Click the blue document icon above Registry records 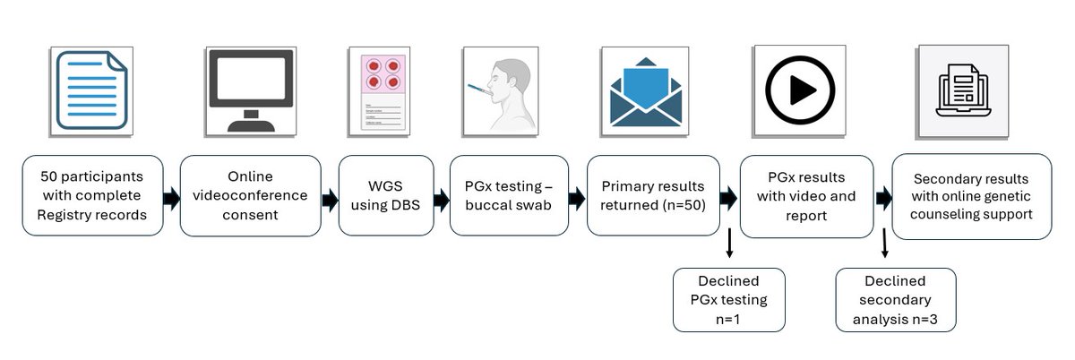click(x=90, y=90)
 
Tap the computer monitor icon click(x=250, y=90)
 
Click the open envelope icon click(x=645, y=90)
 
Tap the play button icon click(x=799, y=90)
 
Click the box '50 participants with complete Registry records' click(x=91, y=195)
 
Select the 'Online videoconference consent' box click(x=250, y=195)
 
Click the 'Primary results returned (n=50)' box click(x=652, y=195)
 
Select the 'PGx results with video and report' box click(x=806, y=195)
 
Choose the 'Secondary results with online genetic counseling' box click(x=971, y=195)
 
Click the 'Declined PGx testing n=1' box click(x=728, y=299)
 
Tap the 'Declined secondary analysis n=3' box click(x=895, y=299)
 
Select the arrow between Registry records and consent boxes click(x=171, y=197)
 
